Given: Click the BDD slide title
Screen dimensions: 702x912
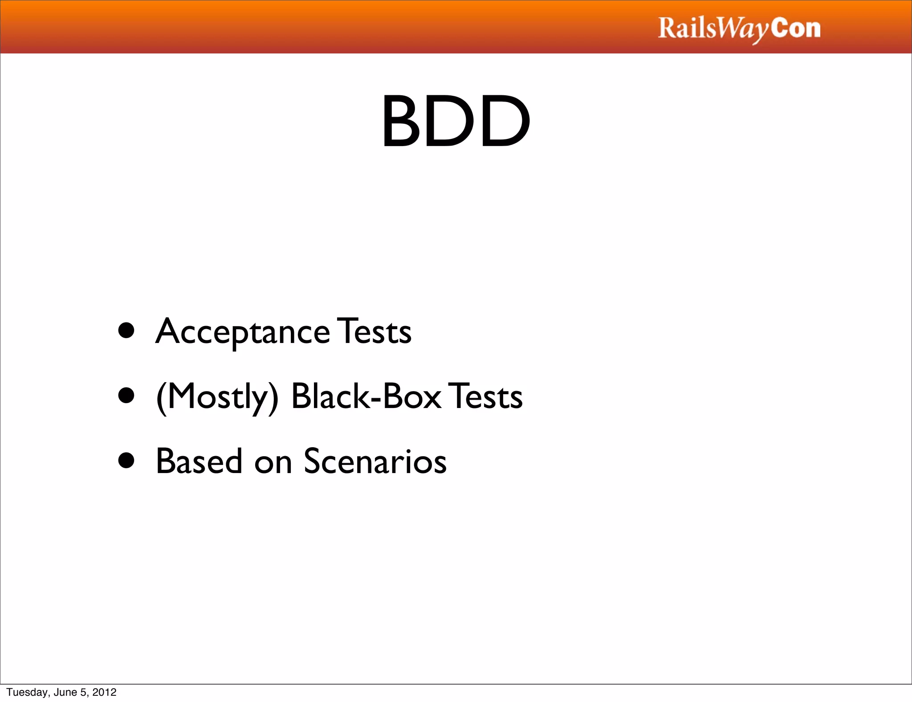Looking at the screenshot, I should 456,121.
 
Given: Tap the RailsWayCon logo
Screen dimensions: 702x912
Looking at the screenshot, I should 739,29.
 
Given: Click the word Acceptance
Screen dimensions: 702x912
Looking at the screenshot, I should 243,332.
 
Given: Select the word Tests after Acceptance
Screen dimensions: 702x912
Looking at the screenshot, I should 375,332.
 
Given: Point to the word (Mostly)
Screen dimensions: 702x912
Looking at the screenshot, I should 218,397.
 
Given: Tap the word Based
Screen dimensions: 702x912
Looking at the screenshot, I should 199,461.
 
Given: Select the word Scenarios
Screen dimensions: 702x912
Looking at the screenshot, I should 375,461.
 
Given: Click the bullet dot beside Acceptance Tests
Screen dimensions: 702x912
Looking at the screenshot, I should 126,331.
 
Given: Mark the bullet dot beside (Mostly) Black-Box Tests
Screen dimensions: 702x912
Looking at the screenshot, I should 126,396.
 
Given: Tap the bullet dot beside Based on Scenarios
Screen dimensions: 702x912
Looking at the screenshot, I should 126,461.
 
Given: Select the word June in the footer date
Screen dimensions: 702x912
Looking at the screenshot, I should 65,692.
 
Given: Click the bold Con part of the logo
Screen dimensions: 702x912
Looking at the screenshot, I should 796,28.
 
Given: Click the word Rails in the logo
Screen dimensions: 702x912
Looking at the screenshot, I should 688,28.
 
